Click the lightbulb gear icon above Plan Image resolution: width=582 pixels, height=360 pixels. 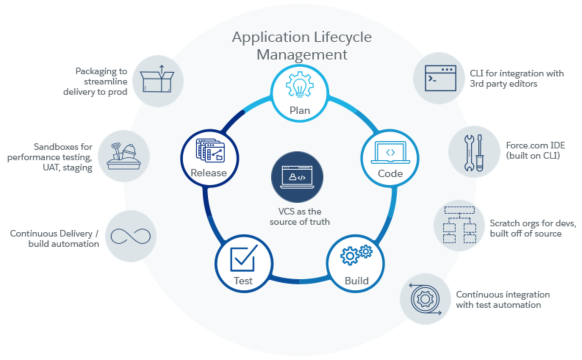(x=299, y=84)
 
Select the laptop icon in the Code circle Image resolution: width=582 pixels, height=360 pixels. (x=390, y=152)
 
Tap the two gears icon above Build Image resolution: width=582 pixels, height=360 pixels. (x=356, y=254)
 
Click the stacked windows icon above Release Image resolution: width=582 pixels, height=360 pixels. (x=210, y=150)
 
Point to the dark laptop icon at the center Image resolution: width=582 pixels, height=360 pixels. (x=297, y=177)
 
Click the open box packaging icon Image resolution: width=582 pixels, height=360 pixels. (x=157, y=79)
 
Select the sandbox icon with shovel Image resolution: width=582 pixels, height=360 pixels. (x=124, y=156)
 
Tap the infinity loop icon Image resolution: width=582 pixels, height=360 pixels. (x=130, y=236)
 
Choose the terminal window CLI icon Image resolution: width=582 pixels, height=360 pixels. (x=440, y=78)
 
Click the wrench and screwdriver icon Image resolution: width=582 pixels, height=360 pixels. (x=474, y=152)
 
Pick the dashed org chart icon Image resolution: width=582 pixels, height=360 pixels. (x=459, y=225)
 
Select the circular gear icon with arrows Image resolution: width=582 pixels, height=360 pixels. (x=425, y=299)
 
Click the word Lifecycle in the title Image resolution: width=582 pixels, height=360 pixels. (x=342, y=37)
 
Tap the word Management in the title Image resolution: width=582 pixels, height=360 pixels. (x=302, y=54)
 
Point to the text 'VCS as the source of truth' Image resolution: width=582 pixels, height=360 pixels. (x=299, y=216)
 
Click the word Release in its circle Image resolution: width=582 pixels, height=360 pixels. (x=208, y=173)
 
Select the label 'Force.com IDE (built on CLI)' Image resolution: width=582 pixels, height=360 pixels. (x=535, y=150)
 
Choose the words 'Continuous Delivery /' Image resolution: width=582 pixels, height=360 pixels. (x=54, y=233)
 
